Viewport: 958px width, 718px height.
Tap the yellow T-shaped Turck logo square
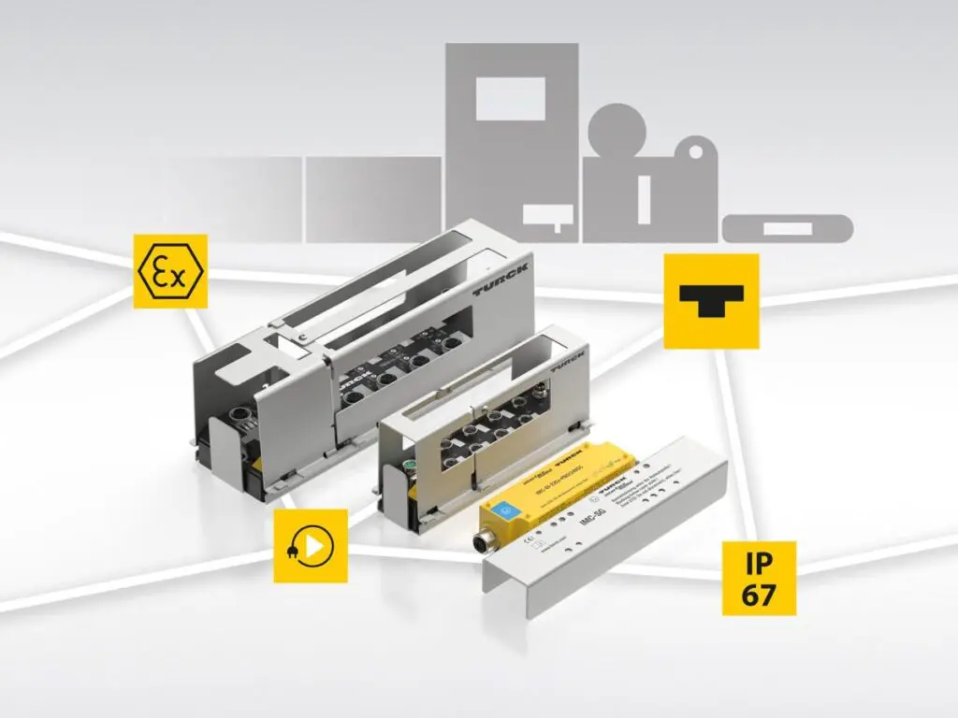[x=711, y=301]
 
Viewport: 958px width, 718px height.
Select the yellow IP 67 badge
[x=759, y=578]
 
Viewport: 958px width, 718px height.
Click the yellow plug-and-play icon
[x=311, y=546]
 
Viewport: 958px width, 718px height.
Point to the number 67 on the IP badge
[x=759, y=595]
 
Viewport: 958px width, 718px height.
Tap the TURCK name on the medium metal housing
[x=570, y=361]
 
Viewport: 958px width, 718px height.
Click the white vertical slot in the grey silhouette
[x=644, y=198]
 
